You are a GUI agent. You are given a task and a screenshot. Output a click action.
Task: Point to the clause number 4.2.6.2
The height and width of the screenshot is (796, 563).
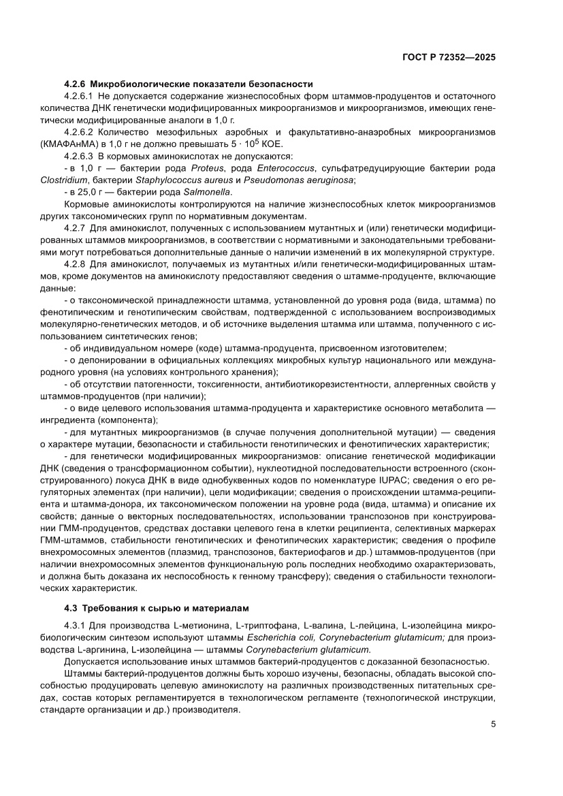point(79,131)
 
